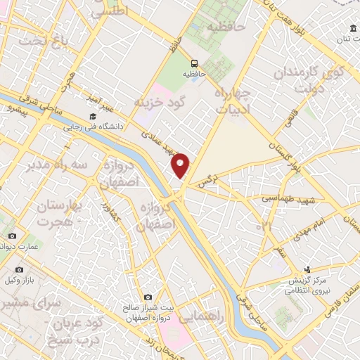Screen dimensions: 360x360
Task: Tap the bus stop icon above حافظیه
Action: pos(193,62)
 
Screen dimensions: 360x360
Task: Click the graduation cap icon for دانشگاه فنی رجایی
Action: pos(92,117)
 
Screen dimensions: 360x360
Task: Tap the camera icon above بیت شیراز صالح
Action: pos(147,298)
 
